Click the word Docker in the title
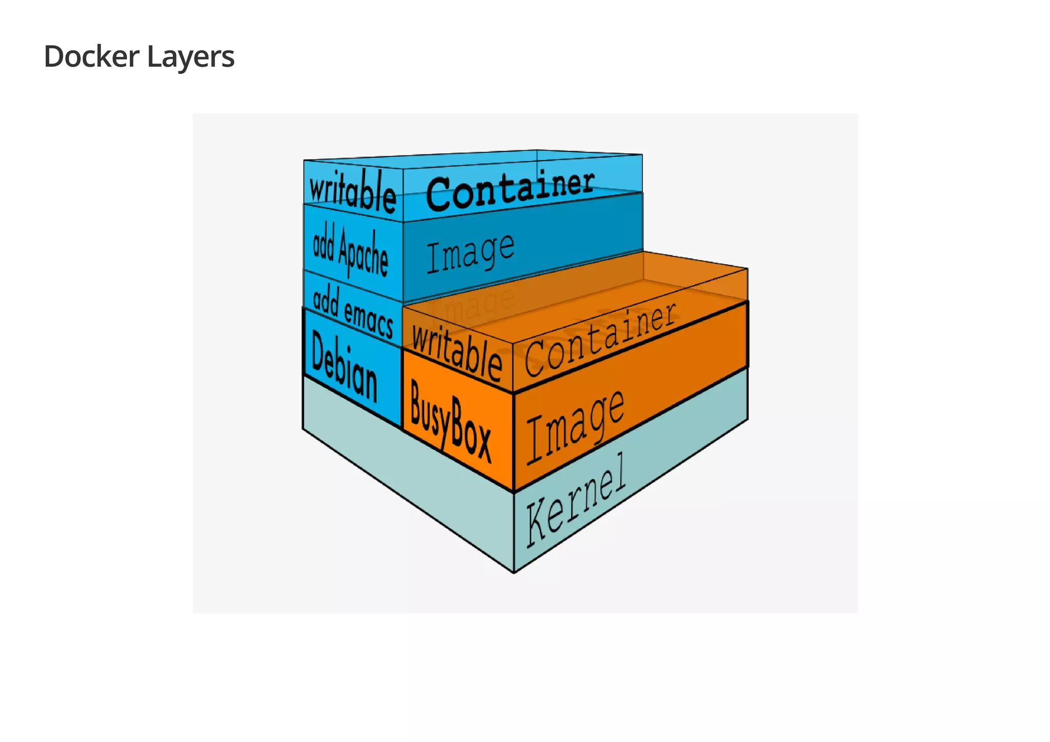[x=91, y=56]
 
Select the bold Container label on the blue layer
[x=510, y=191]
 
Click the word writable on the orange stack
[x=457, y=353]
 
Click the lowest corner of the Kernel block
[x=514, y=572]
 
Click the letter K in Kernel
[x=537, y=523]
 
